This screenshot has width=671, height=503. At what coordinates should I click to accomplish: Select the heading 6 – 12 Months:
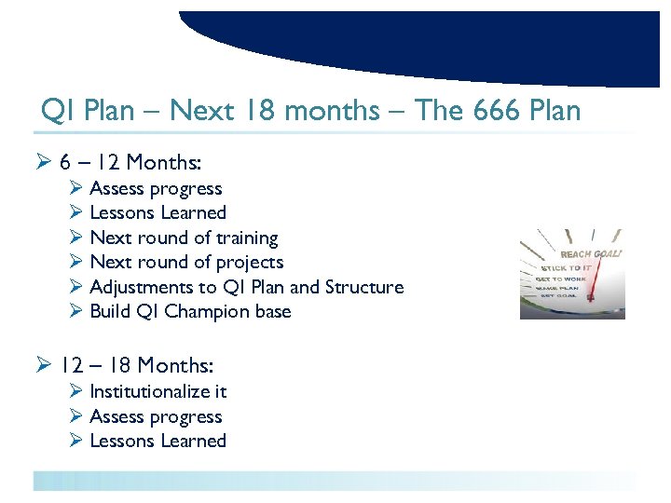pyautogui.click(x=130, y=162)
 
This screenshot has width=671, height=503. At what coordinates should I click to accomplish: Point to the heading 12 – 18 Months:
pyautogui.click(x=136, y=366)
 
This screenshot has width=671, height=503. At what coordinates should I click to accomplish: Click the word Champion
pyautogui.click(x=206, y=312)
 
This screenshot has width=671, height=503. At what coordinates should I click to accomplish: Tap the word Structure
pyautogui.click(x=364, y=287)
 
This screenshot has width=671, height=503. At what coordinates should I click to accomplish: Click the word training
pyautogui.click(x=245, y=238)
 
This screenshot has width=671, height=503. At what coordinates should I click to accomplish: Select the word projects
pyautogui.click(x=250, y=263)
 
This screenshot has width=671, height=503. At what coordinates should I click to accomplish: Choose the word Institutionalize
pyautogui.click(x=147, y=391)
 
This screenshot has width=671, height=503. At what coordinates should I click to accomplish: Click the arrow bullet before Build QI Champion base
pyautogui.click(x=76, y=312)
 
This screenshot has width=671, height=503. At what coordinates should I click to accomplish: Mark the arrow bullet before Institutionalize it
pyautogui.click(x=76, y=391)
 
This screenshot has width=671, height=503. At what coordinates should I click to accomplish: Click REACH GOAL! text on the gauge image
pyautogui.click(x=591, y=253)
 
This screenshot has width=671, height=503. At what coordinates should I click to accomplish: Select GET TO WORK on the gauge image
pyautogui.click(x=562, y=278)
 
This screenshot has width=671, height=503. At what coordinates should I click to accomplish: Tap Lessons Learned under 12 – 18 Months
pyautogui.click(x=157, y=441)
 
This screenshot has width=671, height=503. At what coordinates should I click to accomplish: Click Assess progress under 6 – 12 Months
pyautogui.click(x=156, y=189)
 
